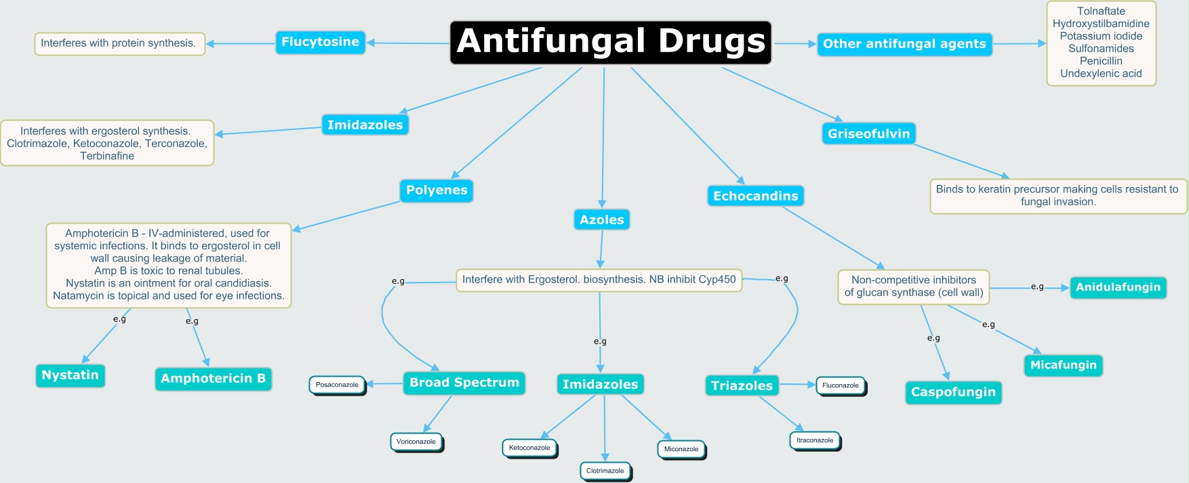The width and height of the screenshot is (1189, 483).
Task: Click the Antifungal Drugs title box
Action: (611, 42)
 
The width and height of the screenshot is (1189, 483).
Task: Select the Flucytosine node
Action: (320, 42)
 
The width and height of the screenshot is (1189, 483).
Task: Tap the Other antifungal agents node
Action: (904, 44)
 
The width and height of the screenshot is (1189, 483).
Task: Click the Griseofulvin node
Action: (868, 133)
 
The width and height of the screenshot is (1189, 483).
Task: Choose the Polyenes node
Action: (437, 190)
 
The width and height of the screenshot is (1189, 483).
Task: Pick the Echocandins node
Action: (755, 196)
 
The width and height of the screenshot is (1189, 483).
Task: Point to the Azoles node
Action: (602, 219)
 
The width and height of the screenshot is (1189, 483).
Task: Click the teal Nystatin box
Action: (70, 375)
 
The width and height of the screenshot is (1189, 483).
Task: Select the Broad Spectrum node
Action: (464, 383)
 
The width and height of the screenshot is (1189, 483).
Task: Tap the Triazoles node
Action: (742, 385)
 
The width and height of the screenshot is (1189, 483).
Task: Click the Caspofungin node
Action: (953, 392)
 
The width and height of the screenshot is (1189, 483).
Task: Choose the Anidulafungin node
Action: (1118, 287)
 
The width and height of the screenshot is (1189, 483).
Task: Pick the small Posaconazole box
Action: (338, 385)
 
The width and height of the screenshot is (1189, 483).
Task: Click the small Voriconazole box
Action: (417, 442)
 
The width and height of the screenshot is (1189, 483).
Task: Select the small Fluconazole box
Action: (841, 386)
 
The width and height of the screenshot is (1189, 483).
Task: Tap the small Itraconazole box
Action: (815, 441)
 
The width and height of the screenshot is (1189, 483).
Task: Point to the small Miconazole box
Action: (681, 450)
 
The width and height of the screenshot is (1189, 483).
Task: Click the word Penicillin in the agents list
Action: (1101, 61)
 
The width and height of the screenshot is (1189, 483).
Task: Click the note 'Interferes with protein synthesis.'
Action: (119, 43)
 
